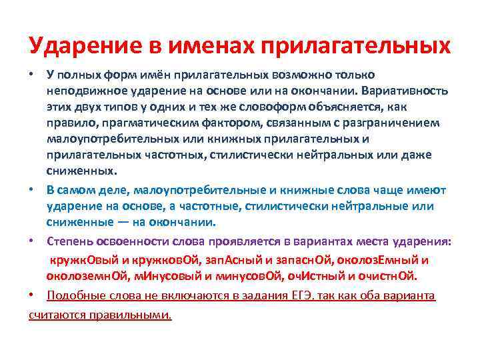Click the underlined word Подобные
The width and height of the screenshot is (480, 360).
pyautogui.click(x=73, y=295)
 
